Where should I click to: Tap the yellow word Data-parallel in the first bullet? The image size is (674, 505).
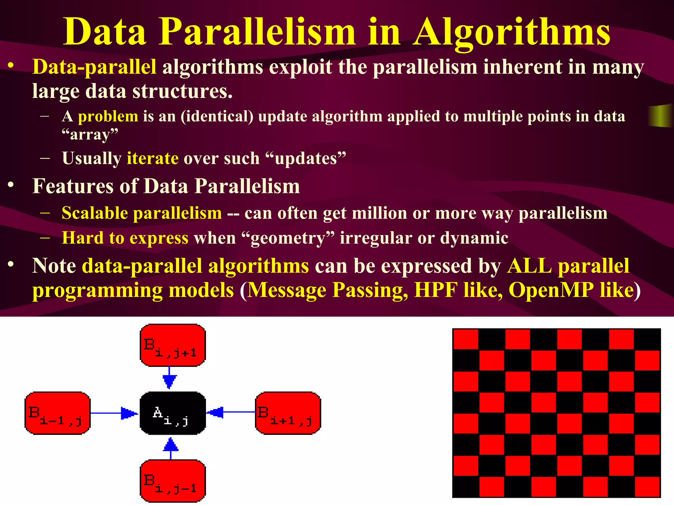point(94,67)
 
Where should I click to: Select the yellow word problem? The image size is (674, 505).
point(108,117)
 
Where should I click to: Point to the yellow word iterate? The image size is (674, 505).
point(153,158)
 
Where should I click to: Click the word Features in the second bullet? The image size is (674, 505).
point(73,186)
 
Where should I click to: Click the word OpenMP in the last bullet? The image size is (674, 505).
point(551,290)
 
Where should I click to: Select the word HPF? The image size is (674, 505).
point(436,290)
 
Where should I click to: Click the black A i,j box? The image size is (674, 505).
point(173,413)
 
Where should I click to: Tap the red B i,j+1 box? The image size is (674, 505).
point(173,345)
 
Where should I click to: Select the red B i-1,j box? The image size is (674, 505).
point(58,413)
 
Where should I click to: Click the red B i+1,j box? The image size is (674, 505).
point(288,413)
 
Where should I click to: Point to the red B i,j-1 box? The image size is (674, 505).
point(173,481)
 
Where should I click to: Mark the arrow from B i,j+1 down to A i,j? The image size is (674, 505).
point(169,378)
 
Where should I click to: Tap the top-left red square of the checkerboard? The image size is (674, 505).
point(466,339)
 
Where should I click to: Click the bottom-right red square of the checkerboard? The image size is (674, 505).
point(647,486)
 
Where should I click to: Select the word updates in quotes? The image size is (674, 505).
point(306,158)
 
